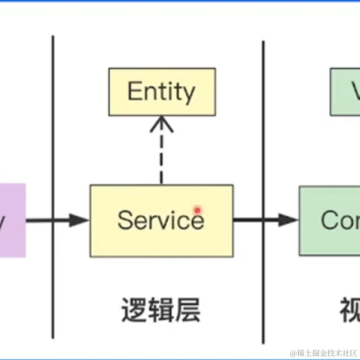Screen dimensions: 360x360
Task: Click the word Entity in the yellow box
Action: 161,91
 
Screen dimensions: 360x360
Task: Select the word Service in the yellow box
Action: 160,220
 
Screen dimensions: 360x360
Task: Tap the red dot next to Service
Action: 198,211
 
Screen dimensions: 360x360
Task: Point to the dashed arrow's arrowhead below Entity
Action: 160,124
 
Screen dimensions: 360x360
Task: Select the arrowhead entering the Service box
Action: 80,220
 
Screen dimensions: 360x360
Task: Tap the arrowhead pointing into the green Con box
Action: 289,220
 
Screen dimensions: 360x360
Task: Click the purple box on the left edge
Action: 12,220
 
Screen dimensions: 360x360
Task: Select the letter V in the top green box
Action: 353,91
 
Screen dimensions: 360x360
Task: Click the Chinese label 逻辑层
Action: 160,309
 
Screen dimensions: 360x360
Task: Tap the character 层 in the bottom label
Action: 187,309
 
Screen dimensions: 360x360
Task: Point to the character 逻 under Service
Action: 133,309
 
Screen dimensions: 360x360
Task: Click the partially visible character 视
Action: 349,309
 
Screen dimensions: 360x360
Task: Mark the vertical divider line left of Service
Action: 53,187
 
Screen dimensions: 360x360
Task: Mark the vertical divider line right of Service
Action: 263,187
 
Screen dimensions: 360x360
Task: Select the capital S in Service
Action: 125,220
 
